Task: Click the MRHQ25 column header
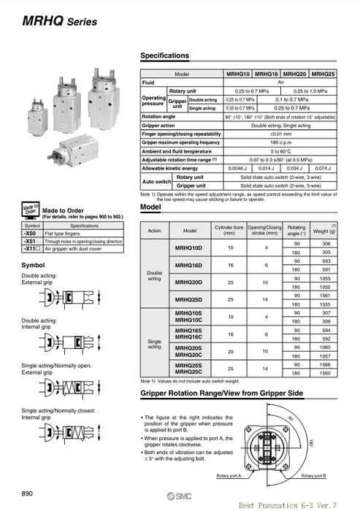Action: (323, 74)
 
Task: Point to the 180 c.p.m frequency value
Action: (281, 142)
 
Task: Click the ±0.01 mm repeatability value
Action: (281, 133)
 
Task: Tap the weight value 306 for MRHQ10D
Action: (326, 223)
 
